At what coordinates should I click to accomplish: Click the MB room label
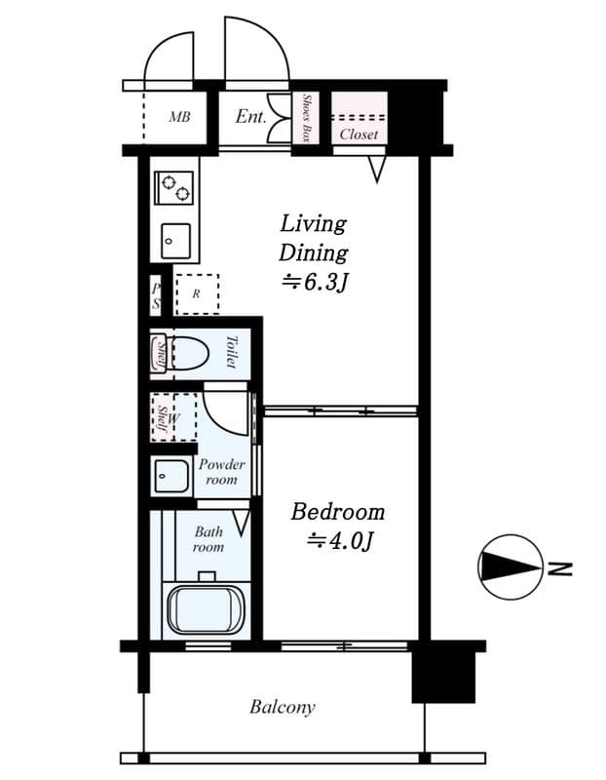(x=178, y=118)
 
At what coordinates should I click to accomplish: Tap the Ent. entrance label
(x=250, y=117)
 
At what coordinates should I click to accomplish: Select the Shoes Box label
(x=306, y=118)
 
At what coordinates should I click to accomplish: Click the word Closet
(x=359, y=135)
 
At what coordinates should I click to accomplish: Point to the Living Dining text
(x=313, y=238)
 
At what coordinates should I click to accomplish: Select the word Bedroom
(x=338, y=512)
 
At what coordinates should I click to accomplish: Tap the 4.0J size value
(x=341, y=541)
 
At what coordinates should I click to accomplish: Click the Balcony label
(x=282, y=707)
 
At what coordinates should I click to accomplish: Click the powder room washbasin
(x=172, y=477)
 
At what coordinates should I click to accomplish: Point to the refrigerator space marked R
(x=197, y=292)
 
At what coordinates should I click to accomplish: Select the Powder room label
(x=221, y=472)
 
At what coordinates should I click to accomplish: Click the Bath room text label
(x=208, y=539)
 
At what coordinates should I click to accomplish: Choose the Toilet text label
(x=232, y=352)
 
